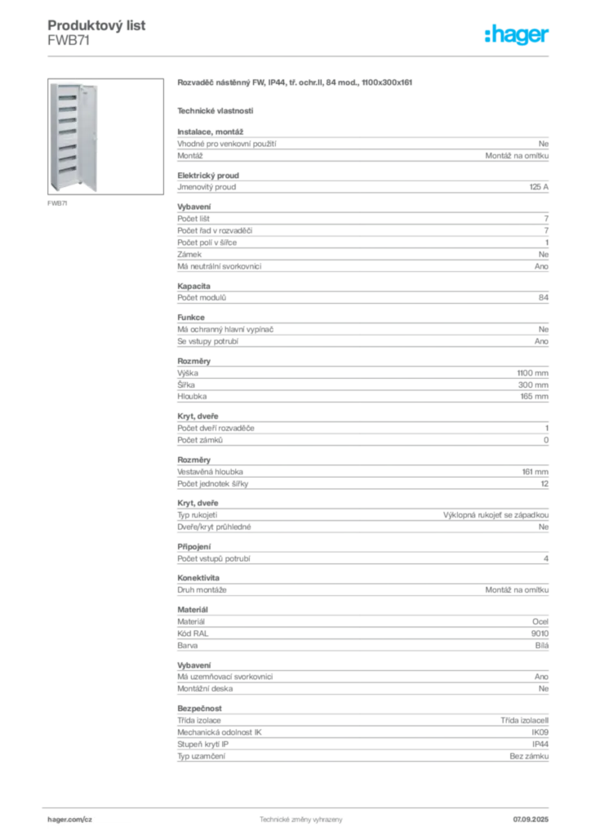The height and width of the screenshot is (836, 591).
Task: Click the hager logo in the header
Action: (x=517, y=34)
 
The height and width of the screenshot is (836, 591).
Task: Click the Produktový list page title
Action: (x=96, y=25)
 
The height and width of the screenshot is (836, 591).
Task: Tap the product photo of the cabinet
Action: (x=105, y=136)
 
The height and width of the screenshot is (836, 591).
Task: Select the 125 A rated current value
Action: (x=539, y=187)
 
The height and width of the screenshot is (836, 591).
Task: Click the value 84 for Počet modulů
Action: (x=544, y=297)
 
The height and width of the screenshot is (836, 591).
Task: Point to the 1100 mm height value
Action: (x=533, y=373)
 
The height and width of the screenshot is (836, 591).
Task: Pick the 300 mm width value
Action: (x=533, y=385)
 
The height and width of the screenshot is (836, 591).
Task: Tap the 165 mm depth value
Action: (x=535, y=397)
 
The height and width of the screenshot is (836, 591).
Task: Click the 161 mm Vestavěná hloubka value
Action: (x=535, y=472)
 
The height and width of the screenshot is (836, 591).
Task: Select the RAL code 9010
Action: (x=540, y=634)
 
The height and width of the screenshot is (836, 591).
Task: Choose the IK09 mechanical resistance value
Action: (x=540, y=732)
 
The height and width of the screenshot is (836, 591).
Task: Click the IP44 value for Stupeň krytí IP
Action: (x=540, y=745)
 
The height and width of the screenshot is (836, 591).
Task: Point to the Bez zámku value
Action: (x=529, y=756)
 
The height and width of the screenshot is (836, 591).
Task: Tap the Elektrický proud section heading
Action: (x=208, y=176)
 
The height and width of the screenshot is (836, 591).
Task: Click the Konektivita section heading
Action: (x=198, y=578)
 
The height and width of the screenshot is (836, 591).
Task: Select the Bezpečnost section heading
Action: (x=199, y=709)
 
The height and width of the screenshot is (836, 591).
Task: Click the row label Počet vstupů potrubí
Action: (x=214, y=558)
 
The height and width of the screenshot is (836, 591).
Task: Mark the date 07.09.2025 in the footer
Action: (x=531, y=820)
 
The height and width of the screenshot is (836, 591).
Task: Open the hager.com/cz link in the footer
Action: (x=70, y=820)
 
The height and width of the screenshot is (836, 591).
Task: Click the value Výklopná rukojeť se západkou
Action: (x=496, y=515)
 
